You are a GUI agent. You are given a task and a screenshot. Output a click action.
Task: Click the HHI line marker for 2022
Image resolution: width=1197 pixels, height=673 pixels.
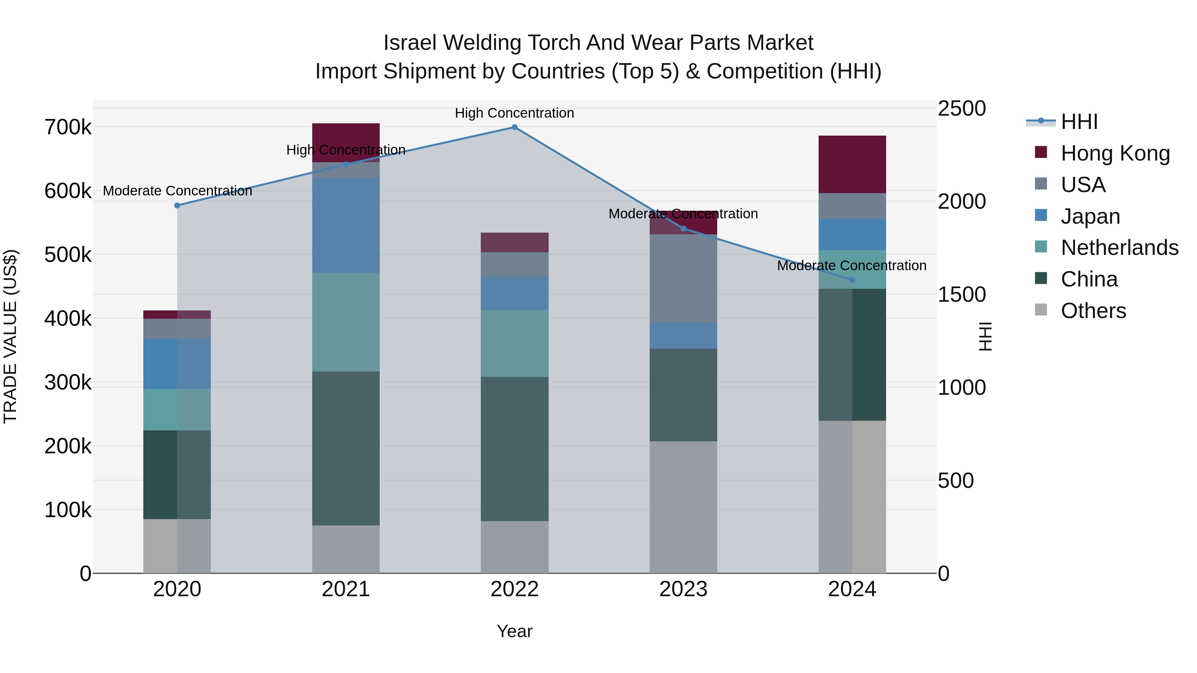point(514,127)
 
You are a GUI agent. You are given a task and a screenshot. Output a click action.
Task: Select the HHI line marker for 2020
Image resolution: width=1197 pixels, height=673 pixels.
point(177,206)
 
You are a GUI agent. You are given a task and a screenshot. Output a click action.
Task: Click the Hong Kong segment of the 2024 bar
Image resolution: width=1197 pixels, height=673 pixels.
point(852,165)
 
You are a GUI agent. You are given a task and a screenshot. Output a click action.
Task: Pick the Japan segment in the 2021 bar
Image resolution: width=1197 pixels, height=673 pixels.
point(346,225)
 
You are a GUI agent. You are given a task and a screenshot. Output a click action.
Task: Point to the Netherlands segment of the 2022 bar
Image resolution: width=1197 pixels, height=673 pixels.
point(514,343)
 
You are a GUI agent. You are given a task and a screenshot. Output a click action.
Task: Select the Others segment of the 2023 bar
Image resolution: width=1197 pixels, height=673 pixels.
point(683,507)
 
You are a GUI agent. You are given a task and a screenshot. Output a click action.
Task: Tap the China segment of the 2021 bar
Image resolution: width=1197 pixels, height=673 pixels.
point(346,448)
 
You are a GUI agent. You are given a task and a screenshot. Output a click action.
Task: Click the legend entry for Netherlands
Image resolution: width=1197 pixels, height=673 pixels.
point(1119,248)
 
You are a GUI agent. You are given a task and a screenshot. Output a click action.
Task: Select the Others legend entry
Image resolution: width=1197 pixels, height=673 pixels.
point(1093,311)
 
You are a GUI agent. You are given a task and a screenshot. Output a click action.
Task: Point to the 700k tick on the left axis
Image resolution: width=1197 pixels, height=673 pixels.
point(68,127)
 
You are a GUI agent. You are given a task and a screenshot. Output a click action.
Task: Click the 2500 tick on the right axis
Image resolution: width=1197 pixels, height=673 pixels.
point(961,109)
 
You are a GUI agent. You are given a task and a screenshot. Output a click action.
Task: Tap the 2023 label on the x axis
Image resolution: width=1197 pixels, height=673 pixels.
point(683,589)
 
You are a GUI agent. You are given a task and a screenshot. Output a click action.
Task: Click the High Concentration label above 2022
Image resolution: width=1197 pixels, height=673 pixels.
point(514,113)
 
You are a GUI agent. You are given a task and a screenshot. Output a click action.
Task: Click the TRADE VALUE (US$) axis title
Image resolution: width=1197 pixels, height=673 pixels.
point(10,336)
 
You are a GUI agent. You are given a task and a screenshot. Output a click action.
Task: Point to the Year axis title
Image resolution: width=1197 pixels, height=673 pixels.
point(514,631)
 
